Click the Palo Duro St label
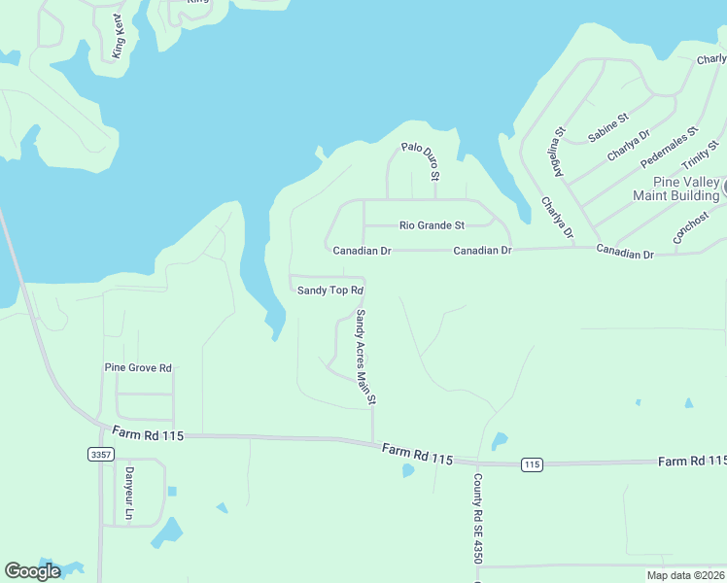tap(421, 162)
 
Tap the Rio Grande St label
tap(432, 225)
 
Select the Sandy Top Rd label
tap(329, 291)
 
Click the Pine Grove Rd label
tap(138, 368)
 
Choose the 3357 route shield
tap(99, 454)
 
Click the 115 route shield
tap(531, 464)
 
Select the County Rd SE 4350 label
tap(477, 519)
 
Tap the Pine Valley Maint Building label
tap(675, 189)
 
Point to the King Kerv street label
tap(121, 36)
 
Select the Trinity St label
tap(700, 154)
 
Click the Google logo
tap(33, 571)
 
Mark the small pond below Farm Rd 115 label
tap(408, 471)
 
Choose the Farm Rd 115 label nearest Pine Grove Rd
tap(148, 432)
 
